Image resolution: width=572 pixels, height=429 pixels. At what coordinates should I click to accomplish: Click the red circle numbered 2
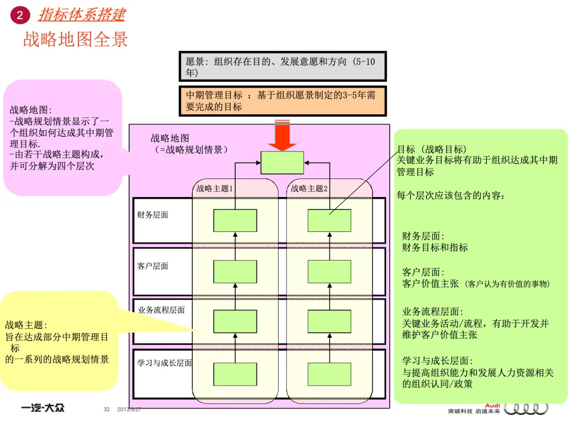[x=20, y=15]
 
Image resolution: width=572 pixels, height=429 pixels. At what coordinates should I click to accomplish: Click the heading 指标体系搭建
[x=81, y=15]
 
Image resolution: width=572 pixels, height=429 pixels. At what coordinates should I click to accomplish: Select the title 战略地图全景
[x=75, y=39]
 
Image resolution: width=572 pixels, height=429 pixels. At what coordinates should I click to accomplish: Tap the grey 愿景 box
[x=282, y=67]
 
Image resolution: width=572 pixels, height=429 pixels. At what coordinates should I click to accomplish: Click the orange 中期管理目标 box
[x=282, y=101]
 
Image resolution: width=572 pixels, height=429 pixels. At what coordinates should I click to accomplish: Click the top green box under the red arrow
[x=282, y=163]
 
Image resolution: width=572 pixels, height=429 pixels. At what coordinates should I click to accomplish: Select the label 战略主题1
[x=215, y=188]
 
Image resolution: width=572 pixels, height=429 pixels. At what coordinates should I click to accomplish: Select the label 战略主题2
[x=309, y=188]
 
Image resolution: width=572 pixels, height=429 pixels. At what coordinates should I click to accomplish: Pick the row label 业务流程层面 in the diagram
[x=161, y=310]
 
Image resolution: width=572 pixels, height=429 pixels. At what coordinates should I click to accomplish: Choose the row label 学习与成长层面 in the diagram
[x=164, y=363]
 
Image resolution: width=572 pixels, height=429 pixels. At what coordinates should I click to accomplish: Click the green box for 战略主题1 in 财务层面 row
[x=235, y=220]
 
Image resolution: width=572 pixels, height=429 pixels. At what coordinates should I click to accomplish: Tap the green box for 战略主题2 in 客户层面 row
[x=329, y=271]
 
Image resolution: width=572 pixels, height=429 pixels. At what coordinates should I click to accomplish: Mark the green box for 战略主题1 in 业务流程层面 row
[x=235, y=321]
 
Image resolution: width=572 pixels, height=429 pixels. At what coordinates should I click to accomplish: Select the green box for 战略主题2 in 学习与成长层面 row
[x=329, y=374]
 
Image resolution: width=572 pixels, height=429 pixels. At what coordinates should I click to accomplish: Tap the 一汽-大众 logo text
[x=43, y=408]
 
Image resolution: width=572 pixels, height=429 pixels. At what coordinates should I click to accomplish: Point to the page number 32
[x=106, y=409]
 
